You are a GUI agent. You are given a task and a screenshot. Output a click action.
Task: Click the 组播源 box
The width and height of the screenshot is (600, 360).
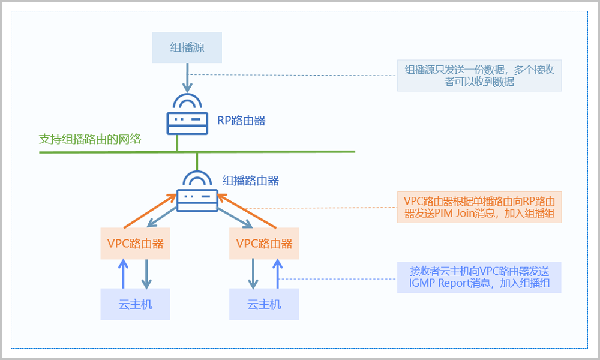[187, 47]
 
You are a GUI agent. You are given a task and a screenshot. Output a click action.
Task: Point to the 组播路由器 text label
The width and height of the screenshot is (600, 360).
[250, 180]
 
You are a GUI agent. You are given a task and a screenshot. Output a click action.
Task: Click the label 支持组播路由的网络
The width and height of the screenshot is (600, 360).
[90, 139]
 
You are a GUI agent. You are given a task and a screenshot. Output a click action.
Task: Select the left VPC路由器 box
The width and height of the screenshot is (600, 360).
[135, 244]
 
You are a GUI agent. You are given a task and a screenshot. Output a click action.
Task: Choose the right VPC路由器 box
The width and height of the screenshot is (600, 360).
[264, 244]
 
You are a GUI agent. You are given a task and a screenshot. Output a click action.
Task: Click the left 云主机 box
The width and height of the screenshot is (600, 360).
[135, 304]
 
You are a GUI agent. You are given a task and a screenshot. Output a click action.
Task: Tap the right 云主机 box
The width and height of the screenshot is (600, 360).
[264, 304]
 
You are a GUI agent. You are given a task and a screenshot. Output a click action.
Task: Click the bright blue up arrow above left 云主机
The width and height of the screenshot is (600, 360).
[123, 274]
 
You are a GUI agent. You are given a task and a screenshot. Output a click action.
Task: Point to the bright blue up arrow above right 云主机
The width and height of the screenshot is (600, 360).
[277, 274]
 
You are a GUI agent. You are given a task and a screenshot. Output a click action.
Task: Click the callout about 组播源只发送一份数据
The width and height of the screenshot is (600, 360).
[479, 76]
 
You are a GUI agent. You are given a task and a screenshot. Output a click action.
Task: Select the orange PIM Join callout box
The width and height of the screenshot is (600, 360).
[479, 207]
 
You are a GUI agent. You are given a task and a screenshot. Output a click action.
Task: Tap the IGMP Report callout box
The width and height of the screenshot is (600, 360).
[479, 277]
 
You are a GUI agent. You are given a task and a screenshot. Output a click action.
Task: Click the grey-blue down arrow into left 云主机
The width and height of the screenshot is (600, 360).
[145, 274]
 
